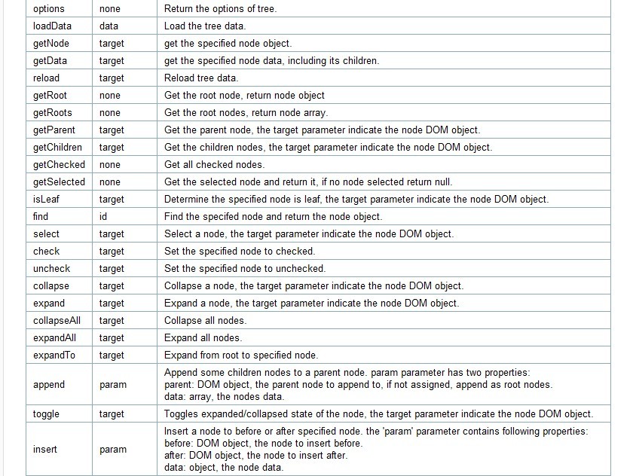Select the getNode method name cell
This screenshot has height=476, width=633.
click(x=51, y=43)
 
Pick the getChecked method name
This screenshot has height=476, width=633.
click(x=59, y=164)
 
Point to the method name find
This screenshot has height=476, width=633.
click(x=41, y=216)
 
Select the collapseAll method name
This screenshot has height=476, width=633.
click(x=57, y=320)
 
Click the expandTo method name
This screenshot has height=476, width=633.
click(x=54, y=355)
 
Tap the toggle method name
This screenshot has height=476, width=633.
click(x=46, y=413)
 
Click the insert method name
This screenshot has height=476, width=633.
click(x=45, y=449)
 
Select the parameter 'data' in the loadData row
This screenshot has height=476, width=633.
click(x=109, y=26)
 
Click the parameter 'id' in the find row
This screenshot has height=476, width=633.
click(x=103, y=216)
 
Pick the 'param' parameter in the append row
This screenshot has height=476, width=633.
click(x=113, y=384)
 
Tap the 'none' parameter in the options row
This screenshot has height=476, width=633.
click(x=111, y=8)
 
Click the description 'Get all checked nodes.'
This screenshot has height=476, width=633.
click(x=215, y=164)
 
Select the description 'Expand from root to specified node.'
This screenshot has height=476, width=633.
click(x=241, y=355)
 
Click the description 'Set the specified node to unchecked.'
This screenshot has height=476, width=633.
click(x=245, y=268)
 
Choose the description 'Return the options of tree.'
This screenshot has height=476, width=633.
click(x=220, y=8)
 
